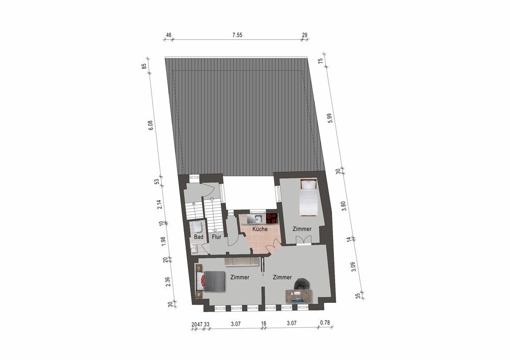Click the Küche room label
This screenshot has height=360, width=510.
point(260,229)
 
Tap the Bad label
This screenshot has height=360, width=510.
point(198,237)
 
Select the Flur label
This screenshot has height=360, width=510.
point(216,237)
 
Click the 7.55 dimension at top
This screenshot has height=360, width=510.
point(237,35)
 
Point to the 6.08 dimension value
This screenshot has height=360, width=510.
point(150,125)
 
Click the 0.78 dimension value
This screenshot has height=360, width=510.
point(325,323)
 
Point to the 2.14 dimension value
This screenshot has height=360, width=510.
point(159,204)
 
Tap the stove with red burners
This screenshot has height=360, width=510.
point(272,218)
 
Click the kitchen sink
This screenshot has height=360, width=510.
point(257,219)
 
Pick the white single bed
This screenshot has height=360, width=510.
point(309,198)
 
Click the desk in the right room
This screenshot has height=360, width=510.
point(299,296)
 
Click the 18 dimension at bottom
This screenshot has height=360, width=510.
point(264,324)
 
